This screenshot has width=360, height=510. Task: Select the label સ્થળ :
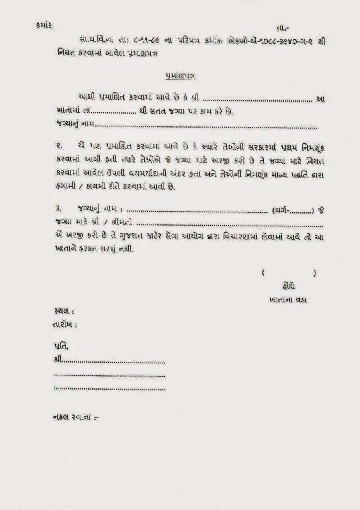(63, 310)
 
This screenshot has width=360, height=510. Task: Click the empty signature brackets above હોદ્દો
(289, 273)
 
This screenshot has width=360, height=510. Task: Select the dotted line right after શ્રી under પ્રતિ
(114, 362)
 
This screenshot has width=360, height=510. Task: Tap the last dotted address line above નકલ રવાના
(110, 388)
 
